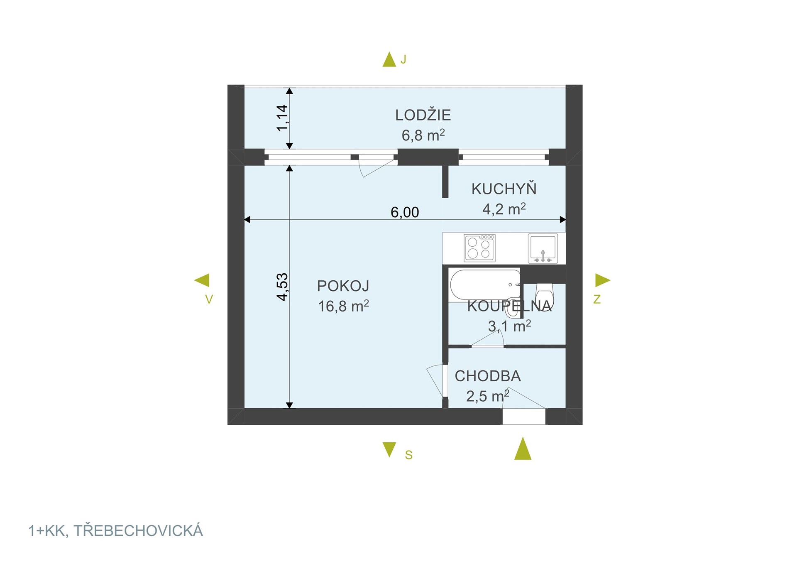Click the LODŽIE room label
pyautogui.click(x=423, y=115)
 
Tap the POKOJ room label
pyautogui.click(x=343, y=286)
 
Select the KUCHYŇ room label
pyautogui.click(x=504, y=189)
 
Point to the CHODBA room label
pyautogui.click(x=487, y=376)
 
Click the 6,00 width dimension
pyautogui.click(x=405, y=213)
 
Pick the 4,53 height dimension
pyautogui.click(x=283, y=287)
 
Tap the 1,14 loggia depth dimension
pyautogui.click(x=283, y=118)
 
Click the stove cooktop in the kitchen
pyautogui.click(x=479, y=248)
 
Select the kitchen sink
pyautogui.click(x=543, y=248)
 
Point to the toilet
pyautogui.click(x=544, y=295)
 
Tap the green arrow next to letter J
pyautogui.click(x=389, y=60)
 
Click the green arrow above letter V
pyautogui.click(x=202, y=280)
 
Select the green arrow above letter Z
pyautogui.click(x=602, y=280)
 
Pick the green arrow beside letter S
pyautogui.click(x=389, y=449)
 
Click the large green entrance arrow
pyautogui.click(x=523, y=449)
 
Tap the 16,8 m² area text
pyautogui.click(x=343, y=307)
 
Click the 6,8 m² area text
pyautogui.click(x=423, y=135)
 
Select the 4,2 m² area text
pyautogui.click(x=504, y=209)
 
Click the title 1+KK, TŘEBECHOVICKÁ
pyautogui.click(x=115, y=531)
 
